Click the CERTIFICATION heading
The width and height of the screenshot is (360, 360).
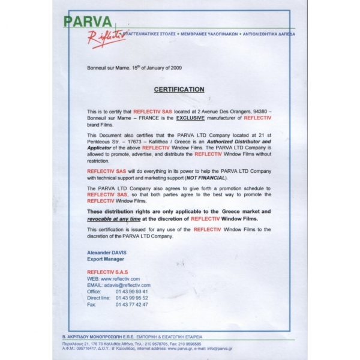179,89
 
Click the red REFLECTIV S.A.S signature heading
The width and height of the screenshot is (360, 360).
107,272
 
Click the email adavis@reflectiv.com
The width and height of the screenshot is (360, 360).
126,285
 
